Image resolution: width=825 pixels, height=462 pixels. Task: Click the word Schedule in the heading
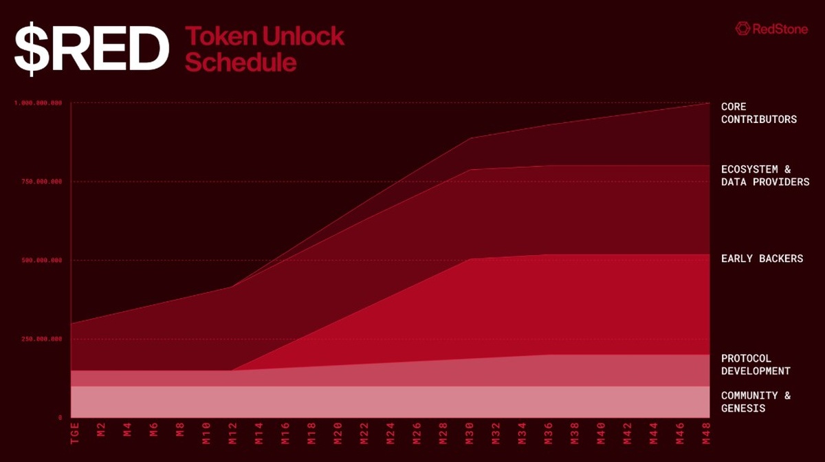click(241, 63)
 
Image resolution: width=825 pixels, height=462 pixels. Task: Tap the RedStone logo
click(771, 28)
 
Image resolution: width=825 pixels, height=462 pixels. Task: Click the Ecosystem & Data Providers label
click(764, 176)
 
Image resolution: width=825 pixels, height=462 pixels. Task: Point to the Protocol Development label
click(756, 365)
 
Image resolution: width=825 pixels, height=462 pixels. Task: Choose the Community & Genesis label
click(756, 402)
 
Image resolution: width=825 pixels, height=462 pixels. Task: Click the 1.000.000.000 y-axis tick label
click(38, 103)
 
